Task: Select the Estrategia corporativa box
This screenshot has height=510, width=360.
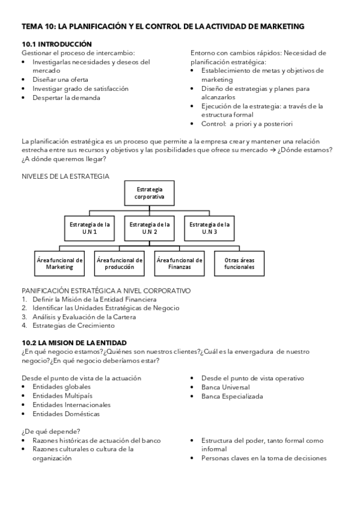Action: click(x=150, y=192)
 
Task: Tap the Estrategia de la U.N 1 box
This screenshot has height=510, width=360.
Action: click(x=90, y=228)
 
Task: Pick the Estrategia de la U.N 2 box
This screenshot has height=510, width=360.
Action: click(x=150, y=228)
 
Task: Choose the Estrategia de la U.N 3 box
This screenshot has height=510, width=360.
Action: click(x=209, y=228)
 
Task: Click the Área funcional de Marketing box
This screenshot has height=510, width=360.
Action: click(x=59, y=263)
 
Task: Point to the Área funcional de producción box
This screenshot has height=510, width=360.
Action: click(x=119, y=263)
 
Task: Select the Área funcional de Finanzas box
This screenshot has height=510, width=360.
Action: click(x=179, y=263)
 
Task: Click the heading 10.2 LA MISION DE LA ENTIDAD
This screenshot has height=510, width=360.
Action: click(x=74, y=342)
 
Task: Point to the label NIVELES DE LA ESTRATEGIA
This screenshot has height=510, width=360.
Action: click(x=66, y=176)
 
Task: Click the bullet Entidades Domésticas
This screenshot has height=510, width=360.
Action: click(x=66, y=414)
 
